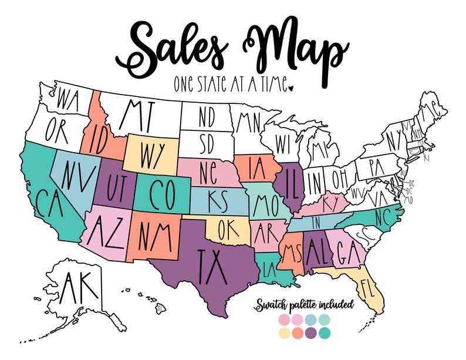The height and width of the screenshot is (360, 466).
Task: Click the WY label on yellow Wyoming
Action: (151, 154)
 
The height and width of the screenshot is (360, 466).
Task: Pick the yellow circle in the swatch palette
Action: (285, 332)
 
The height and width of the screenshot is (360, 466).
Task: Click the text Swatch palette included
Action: (303, 305)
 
